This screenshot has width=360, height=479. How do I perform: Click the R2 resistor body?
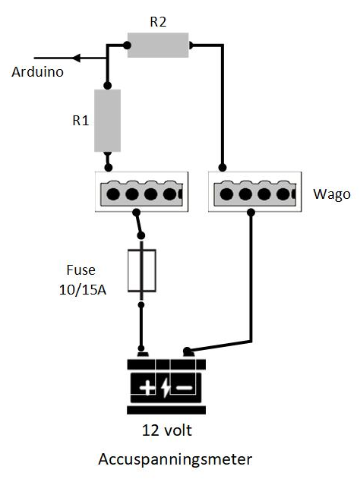point(157,45)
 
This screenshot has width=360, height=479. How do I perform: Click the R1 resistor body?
point(107,120)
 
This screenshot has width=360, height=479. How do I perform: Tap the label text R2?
point(158,22)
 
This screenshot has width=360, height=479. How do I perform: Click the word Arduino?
point(36,73)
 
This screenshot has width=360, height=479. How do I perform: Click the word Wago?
point(332,194)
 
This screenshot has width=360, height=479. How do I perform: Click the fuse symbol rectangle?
point(142,270)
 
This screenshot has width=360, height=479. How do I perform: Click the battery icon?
point(166,383)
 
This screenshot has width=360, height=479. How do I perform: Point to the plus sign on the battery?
point(146,389)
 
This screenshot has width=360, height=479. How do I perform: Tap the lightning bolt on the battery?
point(166,389)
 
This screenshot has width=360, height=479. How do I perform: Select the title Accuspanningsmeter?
point(174,460)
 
